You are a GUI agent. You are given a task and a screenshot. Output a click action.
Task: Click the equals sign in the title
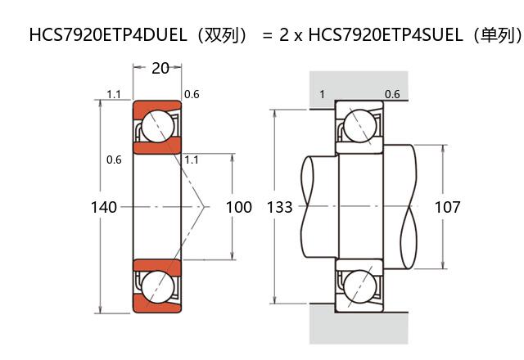click(266, 37)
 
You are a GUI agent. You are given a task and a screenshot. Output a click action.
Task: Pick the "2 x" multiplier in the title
click(292, 37)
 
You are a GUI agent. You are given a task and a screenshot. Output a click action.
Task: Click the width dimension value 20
click(160, 68)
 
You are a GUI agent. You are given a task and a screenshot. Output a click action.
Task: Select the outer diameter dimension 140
click(103, 207)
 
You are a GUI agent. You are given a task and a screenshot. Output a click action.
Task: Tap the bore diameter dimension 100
click(238, 207)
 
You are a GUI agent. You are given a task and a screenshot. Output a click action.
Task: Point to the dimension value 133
click(280, 207)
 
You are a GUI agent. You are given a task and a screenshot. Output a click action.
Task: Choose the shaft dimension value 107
click(447, 207)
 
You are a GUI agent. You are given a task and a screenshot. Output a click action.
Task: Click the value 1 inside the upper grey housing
click(322, 94)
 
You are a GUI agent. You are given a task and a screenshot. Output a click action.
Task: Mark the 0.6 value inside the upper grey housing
click(392, 94)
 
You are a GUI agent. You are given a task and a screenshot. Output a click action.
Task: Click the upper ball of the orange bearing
click(158, 127)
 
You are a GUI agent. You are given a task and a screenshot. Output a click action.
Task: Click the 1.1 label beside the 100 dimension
click(192, 160)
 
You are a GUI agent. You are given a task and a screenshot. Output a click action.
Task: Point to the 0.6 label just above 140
click(114, 160)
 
